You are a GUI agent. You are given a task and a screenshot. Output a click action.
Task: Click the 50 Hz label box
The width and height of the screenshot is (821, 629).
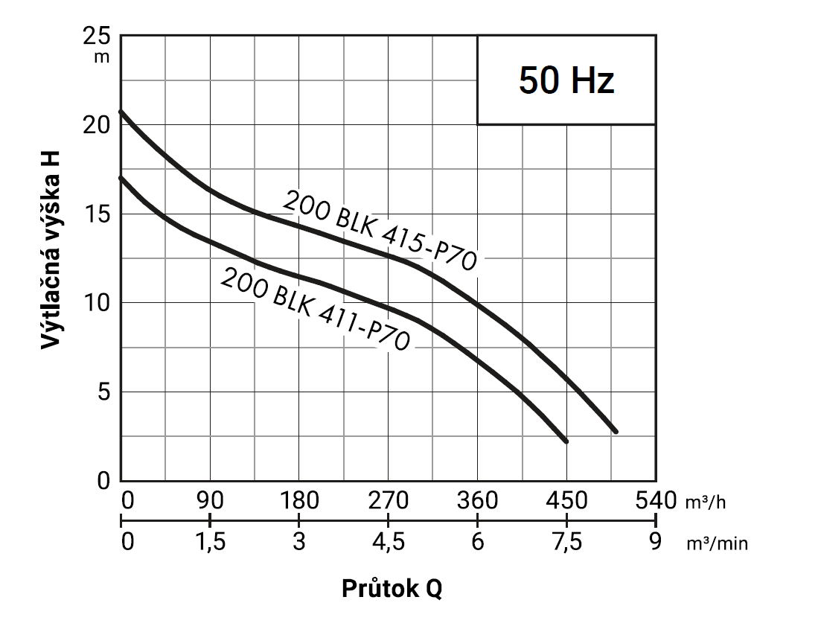pos(566,80)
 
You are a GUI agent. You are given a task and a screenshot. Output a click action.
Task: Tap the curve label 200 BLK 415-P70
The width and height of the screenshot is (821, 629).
pos(380,231)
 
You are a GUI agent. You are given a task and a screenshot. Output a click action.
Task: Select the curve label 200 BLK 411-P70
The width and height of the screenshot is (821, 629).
pos(315,309)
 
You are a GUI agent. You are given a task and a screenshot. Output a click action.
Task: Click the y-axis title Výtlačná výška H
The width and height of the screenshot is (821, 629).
pos(51,250)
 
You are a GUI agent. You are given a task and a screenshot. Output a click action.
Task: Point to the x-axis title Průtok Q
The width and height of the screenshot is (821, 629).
pos(392,589)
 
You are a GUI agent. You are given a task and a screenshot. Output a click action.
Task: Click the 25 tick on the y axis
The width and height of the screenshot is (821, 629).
pos(97,36)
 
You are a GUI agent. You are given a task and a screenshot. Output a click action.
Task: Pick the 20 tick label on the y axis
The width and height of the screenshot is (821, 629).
pos(97,125)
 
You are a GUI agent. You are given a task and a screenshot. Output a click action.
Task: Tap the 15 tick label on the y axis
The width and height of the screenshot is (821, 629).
pos(97,214)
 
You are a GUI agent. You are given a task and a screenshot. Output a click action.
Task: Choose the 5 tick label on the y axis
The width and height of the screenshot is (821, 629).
pos(104,392)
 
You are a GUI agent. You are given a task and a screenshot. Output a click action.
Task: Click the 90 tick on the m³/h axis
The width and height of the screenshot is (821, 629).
pos(210,501)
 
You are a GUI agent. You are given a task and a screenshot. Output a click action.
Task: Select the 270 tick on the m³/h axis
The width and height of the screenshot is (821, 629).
pos(388,501)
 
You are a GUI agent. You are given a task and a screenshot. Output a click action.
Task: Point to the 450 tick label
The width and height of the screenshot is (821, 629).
pos(566,501)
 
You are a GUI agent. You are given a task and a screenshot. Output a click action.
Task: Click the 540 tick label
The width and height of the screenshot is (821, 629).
pos(656,501)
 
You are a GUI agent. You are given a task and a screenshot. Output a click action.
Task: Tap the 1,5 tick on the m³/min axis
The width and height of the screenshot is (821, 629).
pos(211,542)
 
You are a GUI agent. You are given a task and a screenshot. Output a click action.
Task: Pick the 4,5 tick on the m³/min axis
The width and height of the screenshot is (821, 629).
pos(389,542)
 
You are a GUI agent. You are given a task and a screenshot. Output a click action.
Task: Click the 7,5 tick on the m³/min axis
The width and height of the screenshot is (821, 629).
pos(567,542)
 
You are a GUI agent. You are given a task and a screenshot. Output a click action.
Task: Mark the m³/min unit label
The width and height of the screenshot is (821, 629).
pos(717,544)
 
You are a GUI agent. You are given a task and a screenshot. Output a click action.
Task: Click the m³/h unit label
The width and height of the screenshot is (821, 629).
pos(706,502)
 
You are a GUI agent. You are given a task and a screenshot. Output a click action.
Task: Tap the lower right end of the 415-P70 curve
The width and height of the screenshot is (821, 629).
pos(616,432)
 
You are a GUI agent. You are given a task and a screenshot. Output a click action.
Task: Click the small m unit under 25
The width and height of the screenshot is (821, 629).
pos(102,57)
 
